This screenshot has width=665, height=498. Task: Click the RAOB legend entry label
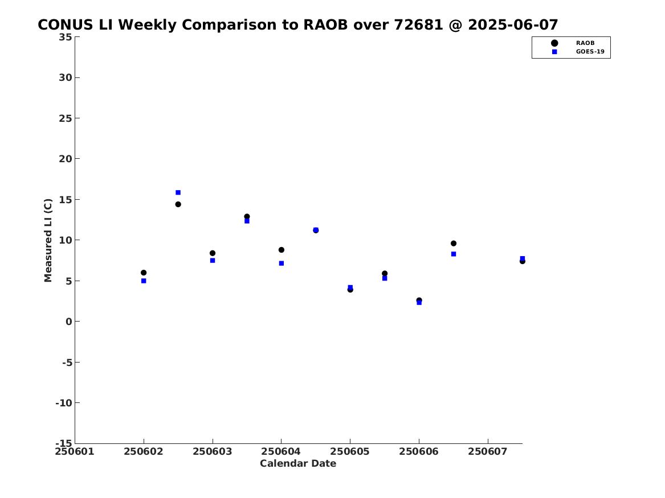(x=585, y=43)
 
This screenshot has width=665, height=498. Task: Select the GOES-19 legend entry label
(x=590, y=52)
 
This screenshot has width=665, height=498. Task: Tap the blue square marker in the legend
(x=554, y=52)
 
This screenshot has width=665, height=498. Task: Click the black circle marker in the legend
(x=554, y=43)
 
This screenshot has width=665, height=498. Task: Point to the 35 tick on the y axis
(x=66, y=37)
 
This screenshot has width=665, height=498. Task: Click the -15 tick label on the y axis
(x=64, y=443)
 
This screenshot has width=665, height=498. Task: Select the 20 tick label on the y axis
(x=66, y=159)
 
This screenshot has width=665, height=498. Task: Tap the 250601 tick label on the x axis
(x=75, y=451)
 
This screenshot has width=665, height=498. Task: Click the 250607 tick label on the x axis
(x=488, y=451)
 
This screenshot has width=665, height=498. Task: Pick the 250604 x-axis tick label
(x=281, y=451)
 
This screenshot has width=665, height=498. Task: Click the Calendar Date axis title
(x=298, y=463)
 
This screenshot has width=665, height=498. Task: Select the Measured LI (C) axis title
(x=48, y=240)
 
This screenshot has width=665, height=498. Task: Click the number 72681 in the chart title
(x=418, y=25)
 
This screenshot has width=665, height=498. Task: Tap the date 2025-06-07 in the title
(x=513, y=25)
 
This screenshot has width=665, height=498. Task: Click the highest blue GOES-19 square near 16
(x=178, y=192)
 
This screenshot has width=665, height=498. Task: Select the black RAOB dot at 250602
(x=144, y=273)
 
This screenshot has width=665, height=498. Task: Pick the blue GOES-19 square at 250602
(x=144, y=281)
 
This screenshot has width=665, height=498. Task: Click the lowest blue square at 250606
(x=419, y=302)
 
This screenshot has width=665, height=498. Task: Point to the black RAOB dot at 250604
(x=281, y=250)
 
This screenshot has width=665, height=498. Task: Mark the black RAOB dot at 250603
(x=213, y=253)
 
